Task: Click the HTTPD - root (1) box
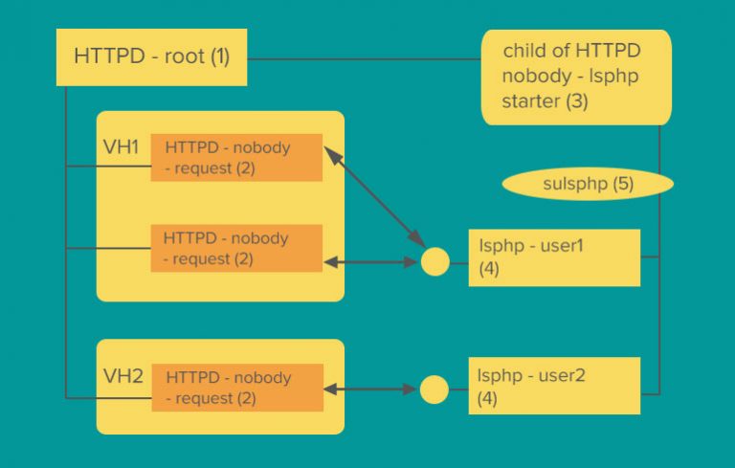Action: [x=151, y=56]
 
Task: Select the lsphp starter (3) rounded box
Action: [x=575, y=77]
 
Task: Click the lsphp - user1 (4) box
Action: [x=553, y=257]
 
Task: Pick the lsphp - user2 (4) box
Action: [x=553, y=386]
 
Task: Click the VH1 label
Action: [x=121, y=148]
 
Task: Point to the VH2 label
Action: [x=122, y=376]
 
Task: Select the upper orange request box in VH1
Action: [x=235, y=158]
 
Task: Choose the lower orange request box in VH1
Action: [x=235, y=248]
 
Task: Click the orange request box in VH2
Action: [x=236, y=388]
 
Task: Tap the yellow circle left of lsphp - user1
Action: [x=435, y=260]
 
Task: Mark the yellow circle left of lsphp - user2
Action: [x=434, y=390]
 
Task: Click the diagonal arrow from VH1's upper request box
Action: [x=375, y=195]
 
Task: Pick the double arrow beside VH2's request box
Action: [x=371, y=390]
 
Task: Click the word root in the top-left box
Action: [x=186, y=56]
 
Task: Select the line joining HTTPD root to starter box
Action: [x=364, y=59]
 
